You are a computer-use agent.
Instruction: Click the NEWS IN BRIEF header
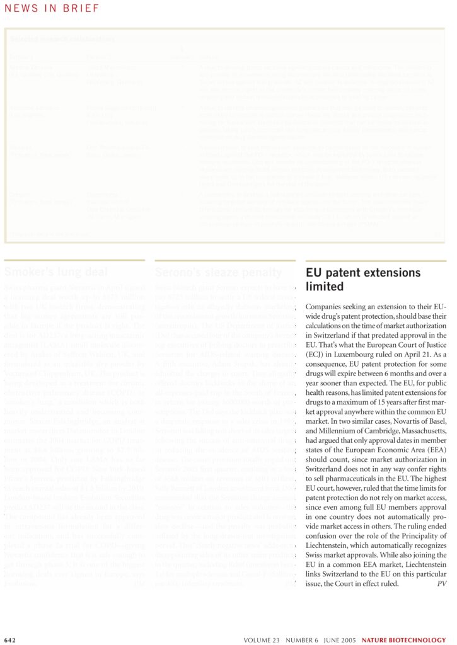pyautogui.click(x=51, y=8)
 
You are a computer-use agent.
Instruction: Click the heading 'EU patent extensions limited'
pyautogui.click(x=362, y=280)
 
